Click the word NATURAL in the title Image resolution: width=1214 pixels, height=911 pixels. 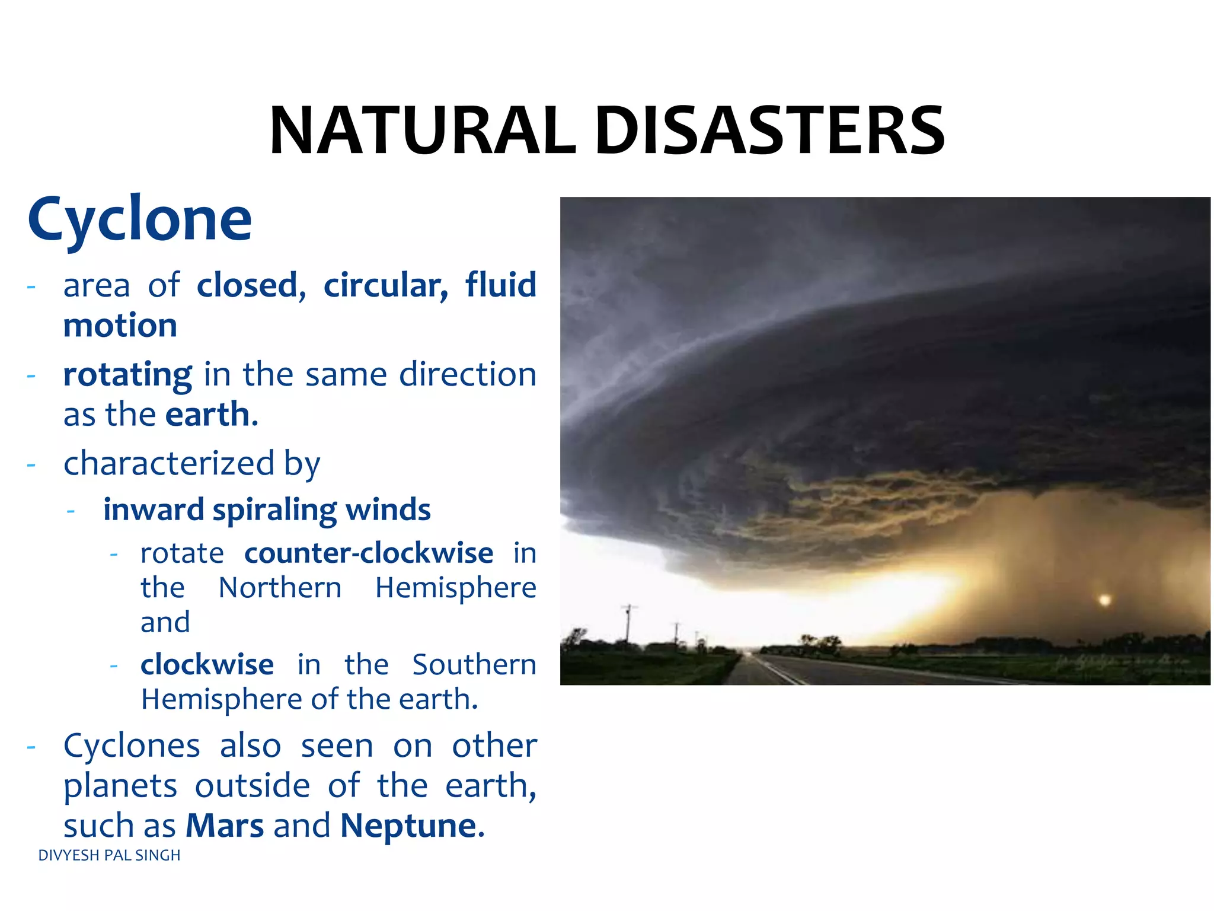pyautogui.click(x=423, y=131)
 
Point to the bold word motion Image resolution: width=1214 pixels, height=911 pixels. pyautogui.click(x=120, y=326)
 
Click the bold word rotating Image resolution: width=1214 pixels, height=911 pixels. pyautogui.click(x=127, y=375)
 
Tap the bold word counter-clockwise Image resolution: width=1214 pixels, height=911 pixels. pyautogui.click(x=368, y=553)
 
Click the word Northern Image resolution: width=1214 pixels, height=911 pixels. pyautogui.click(x=280, y=588)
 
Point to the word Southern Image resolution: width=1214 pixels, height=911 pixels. pyautogui.click(x=474, y=665)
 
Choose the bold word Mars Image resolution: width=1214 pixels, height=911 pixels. pyautogui.click(x=225, y=826)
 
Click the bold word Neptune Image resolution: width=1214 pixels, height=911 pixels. pyautogui.click(x=408, y=826)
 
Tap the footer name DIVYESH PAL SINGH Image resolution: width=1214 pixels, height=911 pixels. pyautogui.click(x=109, y=855)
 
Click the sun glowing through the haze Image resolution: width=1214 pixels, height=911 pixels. pyautogui.click(x=1104, y=600)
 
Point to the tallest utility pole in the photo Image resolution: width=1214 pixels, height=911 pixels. pyautogui.click(x=629, y=626)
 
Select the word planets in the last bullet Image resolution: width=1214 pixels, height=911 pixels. pyautogui.click(x=120, y=786)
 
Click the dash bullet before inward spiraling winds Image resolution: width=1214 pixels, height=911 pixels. pyautogui.click(x=71, y=511)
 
